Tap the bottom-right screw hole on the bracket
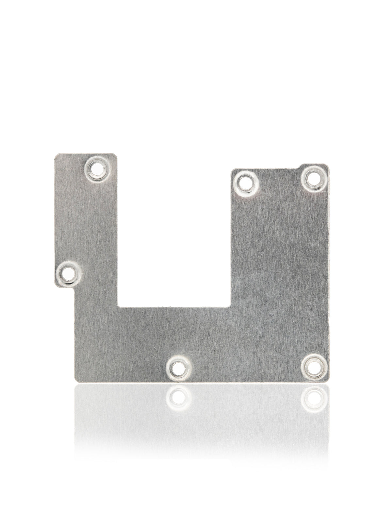(311, 365)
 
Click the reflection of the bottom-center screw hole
(179, 398)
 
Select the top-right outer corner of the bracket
(328, 164)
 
